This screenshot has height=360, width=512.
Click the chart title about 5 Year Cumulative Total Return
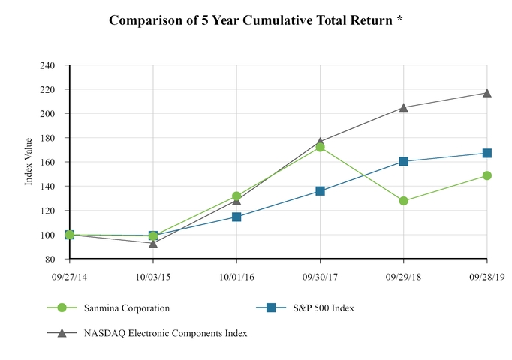point(256,20)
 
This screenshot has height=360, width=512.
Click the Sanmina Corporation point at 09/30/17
point(321,147)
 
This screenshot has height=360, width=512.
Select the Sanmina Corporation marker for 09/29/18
point(404,201)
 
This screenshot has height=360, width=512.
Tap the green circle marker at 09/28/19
point(487,175)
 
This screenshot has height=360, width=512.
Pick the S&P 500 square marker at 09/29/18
point(404,161)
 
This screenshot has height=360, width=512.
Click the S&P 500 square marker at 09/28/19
point(487,153)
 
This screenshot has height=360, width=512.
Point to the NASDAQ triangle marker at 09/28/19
point(487,93)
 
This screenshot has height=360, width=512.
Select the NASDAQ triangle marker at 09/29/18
point(404,107)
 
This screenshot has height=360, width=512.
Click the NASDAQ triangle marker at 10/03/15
point(153,243)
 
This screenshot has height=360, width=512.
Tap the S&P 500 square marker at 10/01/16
point(237,217)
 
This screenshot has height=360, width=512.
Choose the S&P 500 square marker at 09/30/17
point(321,191)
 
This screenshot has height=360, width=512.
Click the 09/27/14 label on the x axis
point(70,277)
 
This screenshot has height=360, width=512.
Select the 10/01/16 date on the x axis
point(237,277)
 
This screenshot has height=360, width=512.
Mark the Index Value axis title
point(29,162)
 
